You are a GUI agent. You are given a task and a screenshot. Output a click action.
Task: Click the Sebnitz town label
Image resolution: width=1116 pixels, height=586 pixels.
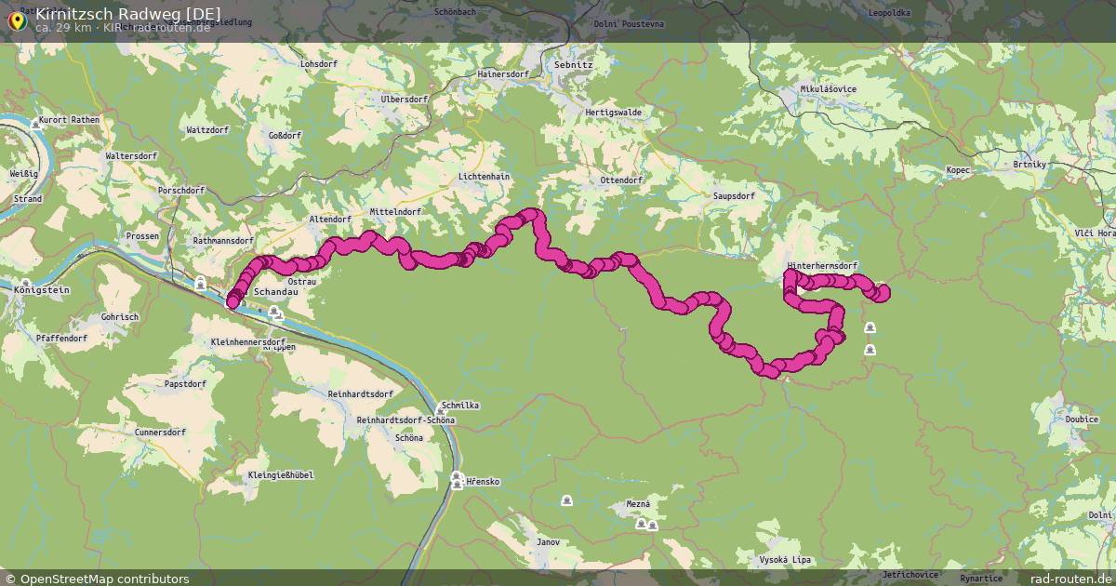[573, 66]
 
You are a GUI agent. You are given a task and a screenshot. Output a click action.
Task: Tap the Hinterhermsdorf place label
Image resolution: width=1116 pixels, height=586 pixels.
[822, 267]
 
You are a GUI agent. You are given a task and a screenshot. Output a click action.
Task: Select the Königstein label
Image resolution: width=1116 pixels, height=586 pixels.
[43, 290]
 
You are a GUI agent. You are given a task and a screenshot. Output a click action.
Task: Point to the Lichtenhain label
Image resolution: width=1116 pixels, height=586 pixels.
[484, 177]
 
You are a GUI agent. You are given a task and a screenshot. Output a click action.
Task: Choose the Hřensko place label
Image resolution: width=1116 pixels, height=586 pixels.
[484, 482]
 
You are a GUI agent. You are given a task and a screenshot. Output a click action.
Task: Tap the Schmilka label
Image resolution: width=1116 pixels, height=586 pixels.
[461, 406]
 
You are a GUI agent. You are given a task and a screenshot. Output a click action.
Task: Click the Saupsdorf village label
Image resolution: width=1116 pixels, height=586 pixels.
[734, 197]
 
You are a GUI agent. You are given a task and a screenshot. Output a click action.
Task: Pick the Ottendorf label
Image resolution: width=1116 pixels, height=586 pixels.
[622, 180]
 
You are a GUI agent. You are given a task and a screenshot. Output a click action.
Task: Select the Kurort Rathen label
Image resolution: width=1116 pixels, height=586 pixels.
[71, 120]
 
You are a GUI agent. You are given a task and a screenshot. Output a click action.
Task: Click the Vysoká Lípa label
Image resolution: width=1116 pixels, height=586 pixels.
[785, 560]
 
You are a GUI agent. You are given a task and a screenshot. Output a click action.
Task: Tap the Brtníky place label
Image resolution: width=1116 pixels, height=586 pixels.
[1030, 165]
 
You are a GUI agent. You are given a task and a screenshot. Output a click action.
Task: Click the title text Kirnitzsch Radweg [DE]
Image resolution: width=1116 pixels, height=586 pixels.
[128, 13]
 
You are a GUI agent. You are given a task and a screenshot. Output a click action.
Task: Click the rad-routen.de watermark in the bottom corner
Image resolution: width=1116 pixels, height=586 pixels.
[1071, 579]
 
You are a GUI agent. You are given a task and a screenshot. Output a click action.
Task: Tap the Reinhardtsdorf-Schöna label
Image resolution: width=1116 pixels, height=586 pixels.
[405, 420]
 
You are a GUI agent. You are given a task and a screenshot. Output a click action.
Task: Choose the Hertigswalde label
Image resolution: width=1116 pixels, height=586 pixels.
[614, 113]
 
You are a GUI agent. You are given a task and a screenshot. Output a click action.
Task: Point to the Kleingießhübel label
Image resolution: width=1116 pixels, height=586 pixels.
[281, 475]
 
